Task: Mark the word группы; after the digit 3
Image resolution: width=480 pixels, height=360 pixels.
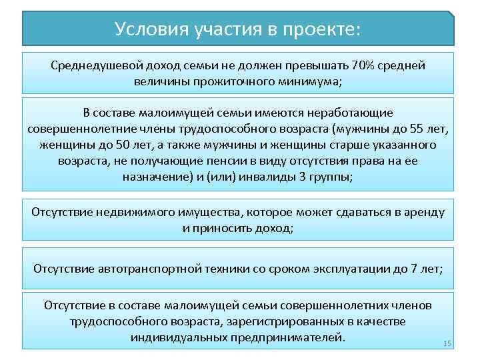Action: [x=331, y=177]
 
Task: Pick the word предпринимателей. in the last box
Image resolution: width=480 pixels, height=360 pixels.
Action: [x=287, y=337]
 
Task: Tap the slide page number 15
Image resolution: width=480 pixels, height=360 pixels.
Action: [x=447, y=343]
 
